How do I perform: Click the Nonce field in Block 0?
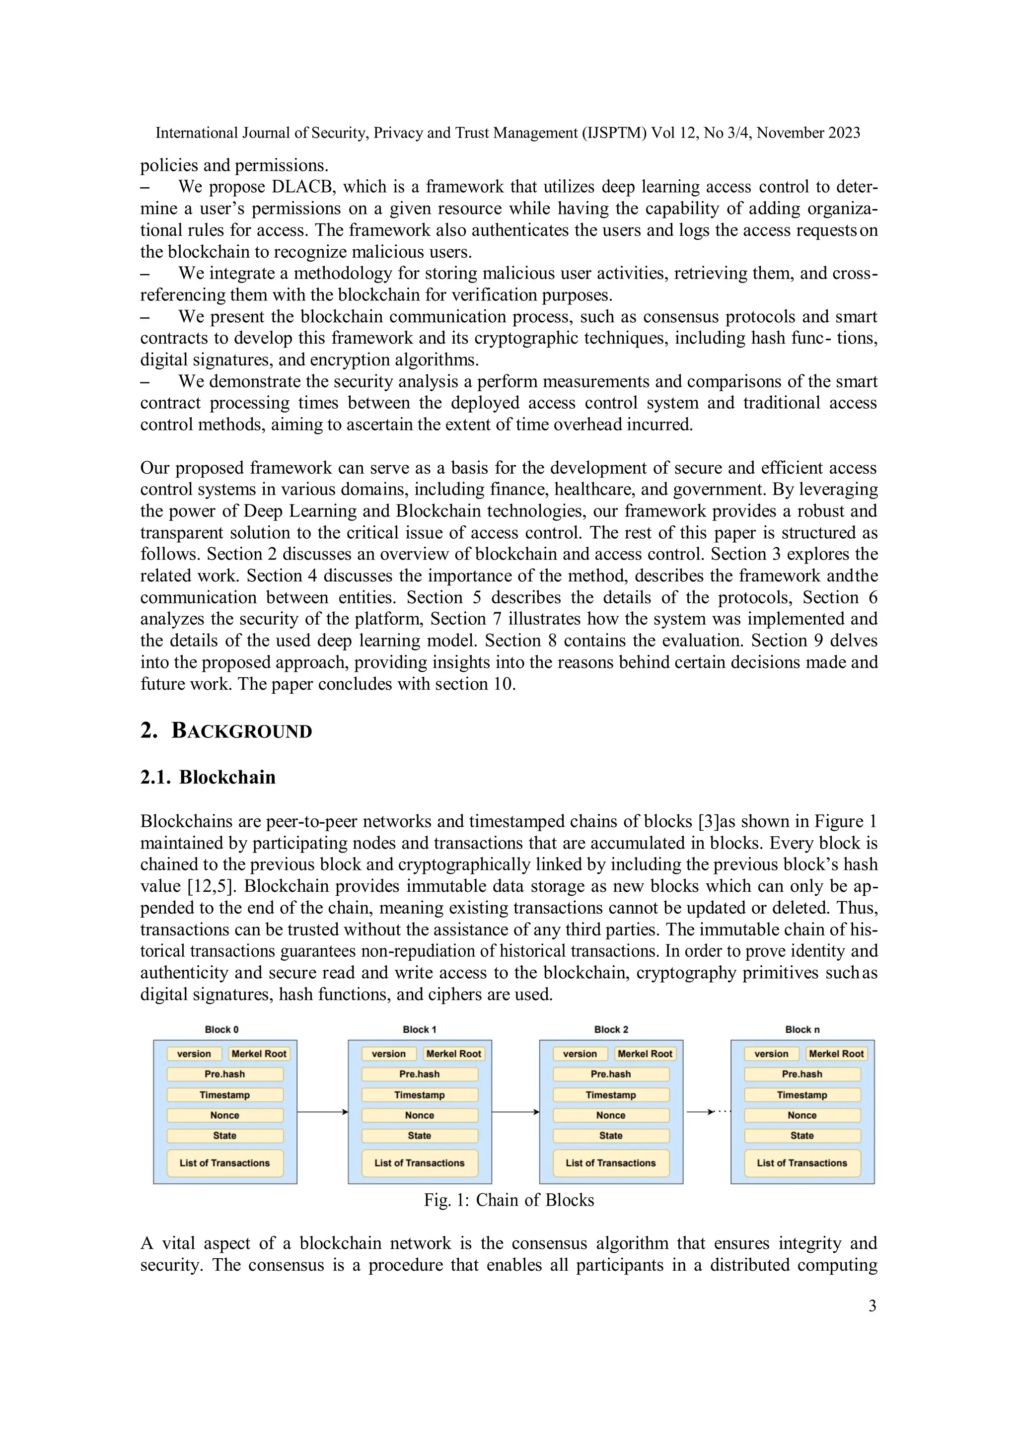[x=225, y=1115]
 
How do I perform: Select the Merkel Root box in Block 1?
[x=453, y=1054]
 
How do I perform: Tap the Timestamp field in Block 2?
[x=611, y=1095]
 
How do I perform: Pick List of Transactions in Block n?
[x=801, y=1163]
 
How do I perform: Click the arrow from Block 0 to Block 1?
[x=322, y=1112]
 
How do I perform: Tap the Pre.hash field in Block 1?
[x=419, y=1074]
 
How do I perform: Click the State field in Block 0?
[x=225, y=1136]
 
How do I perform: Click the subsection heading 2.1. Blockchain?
[x=208, y=777]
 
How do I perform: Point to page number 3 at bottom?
[x=872, y=1306]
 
